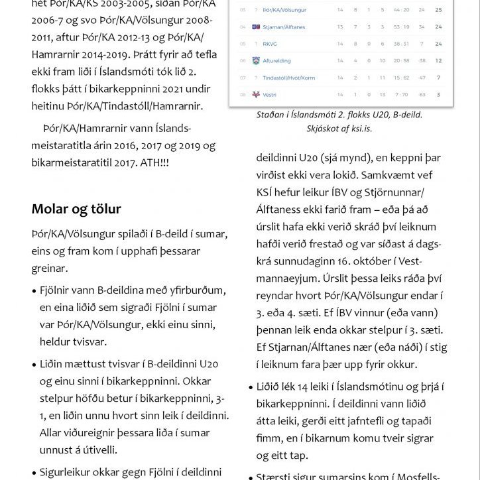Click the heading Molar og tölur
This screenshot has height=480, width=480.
pyautogui.click(x=76, y=210)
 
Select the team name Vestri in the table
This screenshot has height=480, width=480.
pyautogui.click(x=270, y=95)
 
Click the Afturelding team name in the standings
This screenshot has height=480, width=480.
pyautogui.click(x=276, y=61)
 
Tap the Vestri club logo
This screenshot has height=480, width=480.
pyautogui.click(x=256, y=95)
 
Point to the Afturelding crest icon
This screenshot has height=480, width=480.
pyautogui.click(x=256, y=61)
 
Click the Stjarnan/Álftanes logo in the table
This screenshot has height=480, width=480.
pyautogui.click(x=256, y=27)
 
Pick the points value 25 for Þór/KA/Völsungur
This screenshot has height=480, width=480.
pyautogui.click(x=438, y=11)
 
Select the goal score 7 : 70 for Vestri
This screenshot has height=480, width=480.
pyautogui.click(x=401, y=95)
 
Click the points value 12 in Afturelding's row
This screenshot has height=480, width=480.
pyautogui.click(x=438, y=61)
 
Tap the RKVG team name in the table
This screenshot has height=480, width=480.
pyautogui.click(x=270, y=44)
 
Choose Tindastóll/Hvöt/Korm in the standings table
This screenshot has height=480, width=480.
pyautogui.click(x=289, y=78)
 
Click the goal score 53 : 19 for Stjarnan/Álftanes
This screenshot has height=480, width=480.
pyautogui.click(x=401, y=27)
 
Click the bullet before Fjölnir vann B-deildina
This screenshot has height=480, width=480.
pyautogui.click(x=34, y=291)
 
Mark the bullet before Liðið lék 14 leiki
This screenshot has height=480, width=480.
pyautogui.click(x=259, y=387)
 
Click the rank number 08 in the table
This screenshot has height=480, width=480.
pyautogui.click(x=242, y=95)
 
